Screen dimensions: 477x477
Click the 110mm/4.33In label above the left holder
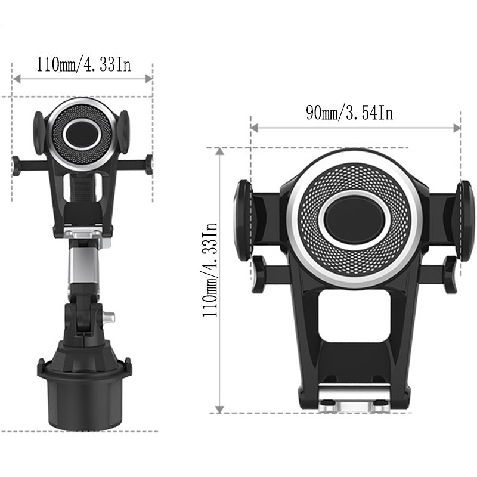click(83, 64)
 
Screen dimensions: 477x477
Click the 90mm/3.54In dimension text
click(349, 113)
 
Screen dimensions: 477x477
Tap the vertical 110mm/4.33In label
click(210, 270)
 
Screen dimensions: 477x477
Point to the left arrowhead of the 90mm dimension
click(254, 128)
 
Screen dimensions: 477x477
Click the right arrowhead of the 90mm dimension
click(457, 128)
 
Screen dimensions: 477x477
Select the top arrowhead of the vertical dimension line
click(219, 151)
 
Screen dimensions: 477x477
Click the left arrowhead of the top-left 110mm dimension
click(17, 79)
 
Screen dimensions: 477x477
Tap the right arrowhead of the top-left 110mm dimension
click(148, 79)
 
